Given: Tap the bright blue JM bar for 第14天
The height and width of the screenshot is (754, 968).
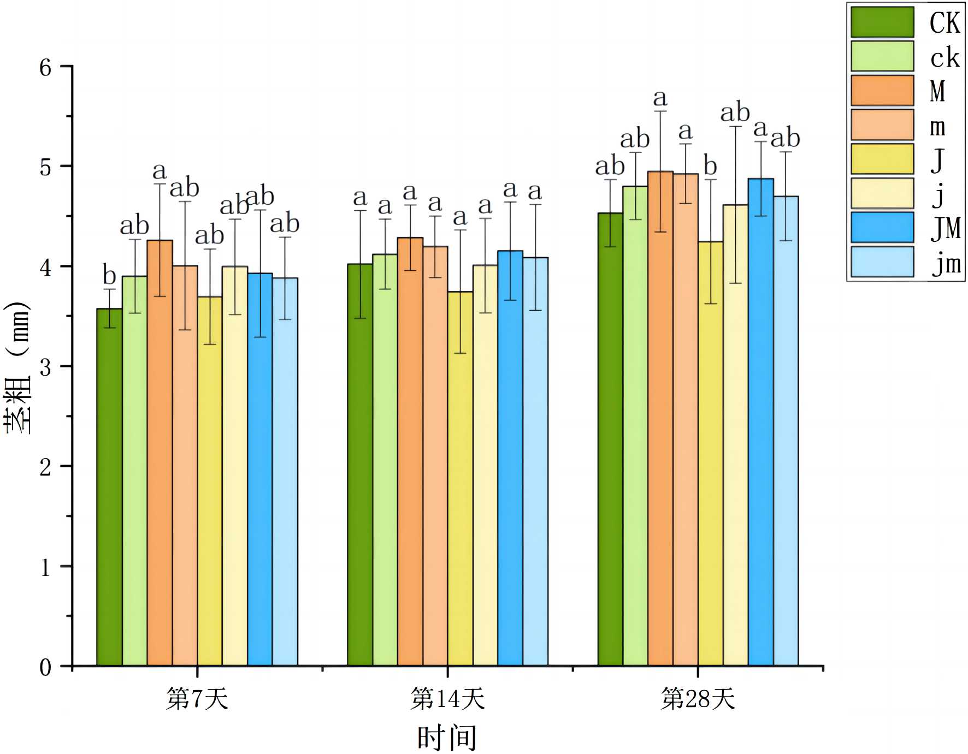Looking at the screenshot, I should pos(510,458).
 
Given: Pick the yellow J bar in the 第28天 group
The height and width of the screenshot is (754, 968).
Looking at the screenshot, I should pos(710,454).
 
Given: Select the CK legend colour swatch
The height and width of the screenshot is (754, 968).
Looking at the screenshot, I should pos(882,22).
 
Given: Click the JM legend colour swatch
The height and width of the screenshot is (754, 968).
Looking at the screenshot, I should pos(882,227).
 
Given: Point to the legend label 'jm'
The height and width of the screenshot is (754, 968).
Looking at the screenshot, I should pos(946,264).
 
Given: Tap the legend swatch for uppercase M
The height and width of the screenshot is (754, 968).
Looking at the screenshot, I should pos(882,90).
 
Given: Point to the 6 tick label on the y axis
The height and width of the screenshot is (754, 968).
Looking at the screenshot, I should pos(45,68).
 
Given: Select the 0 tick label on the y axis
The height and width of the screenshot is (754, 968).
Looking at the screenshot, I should pos(45,667).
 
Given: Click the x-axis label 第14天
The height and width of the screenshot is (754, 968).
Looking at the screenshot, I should pos(447,699).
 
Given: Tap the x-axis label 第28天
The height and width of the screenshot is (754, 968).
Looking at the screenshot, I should pos(698,699).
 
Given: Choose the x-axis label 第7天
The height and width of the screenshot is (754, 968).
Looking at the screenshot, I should pos(197,699).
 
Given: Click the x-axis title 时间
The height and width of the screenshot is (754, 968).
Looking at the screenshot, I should pos(447,738).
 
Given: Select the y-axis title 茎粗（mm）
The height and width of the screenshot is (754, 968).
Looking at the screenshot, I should pos(17,367).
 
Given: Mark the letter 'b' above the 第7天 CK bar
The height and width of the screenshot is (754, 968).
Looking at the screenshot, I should pos(110,275).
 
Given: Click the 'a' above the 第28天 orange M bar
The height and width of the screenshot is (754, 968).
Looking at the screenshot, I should pos(660,99).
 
